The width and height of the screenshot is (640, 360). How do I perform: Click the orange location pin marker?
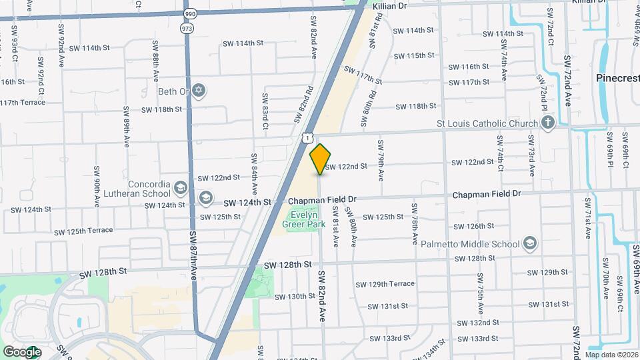pyautogui.click(x=321, y=159)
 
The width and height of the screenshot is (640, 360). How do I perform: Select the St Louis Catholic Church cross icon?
pyautogui.click(x=547, y=123)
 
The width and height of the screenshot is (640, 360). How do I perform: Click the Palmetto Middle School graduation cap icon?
pyautogui.click(x=530, y=243)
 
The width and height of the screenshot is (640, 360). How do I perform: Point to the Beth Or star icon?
pyautogui.click(x=199, y=91)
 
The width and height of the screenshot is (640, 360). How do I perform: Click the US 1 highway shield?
pyautogui.click(x=307, y=137)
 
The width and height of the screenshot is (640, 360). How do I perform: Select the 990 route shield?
pyautogui.click(x=189, y=13)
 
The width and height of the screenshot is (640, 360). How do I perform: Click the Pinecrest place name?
pyautogui.click(x=617, y=78)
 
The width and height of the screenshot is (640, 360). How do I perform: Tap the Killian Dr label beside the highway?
pyautogui.click(x=389, y=5)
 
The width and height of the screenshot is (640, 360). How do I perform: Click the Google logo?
pyautogui.click(x=21, y=351)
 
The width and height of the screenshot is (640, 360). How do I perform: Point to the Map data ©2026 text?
pyautogui.click(x=611, y=354)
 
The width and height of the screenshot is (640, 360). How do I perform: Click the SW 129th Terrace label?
pyautogui.click(x=385, y=284)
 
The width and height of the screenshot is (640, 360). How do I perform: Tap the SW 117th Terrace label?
pyautogui.click(x=23, y=103)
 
